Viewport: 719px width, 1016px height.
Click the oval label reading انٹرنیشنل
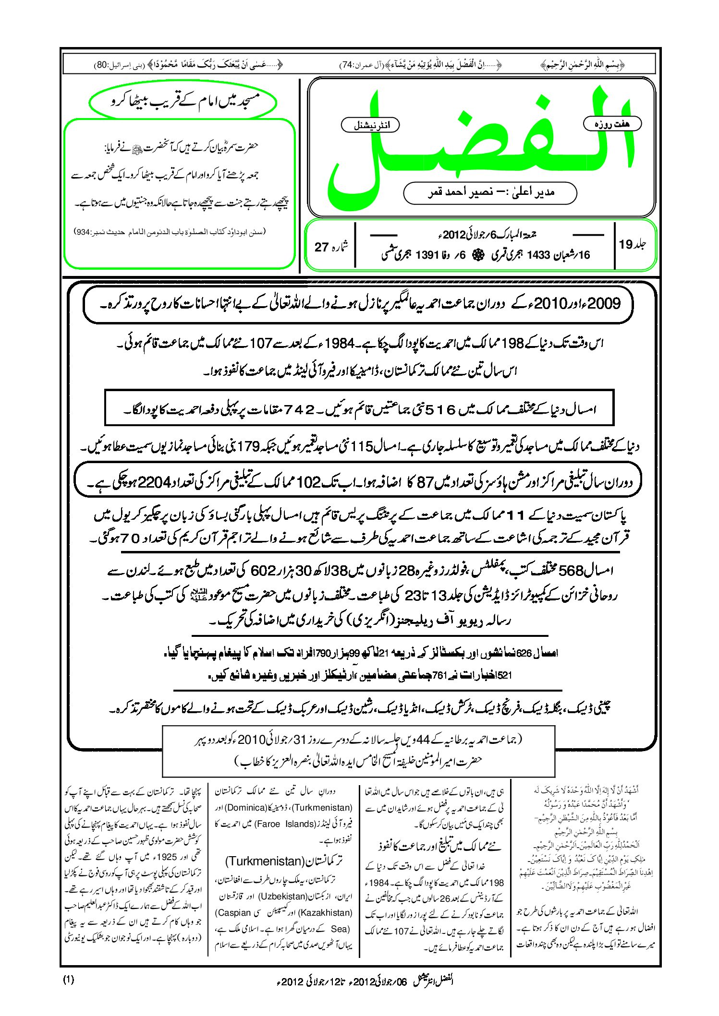coord(370,125)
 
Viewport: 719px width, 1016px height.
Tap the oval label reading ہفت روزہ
coord(612,124)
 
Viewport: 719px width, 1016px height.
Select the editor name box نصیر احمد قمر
coord(490,192)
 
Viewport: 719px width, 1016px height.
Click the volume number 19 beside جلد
coord(626,245)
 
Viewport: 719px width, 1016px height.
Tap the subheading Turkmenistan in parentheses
coord(265,861)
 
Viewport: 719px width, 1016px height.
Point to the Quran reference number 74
coord(346,65)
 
